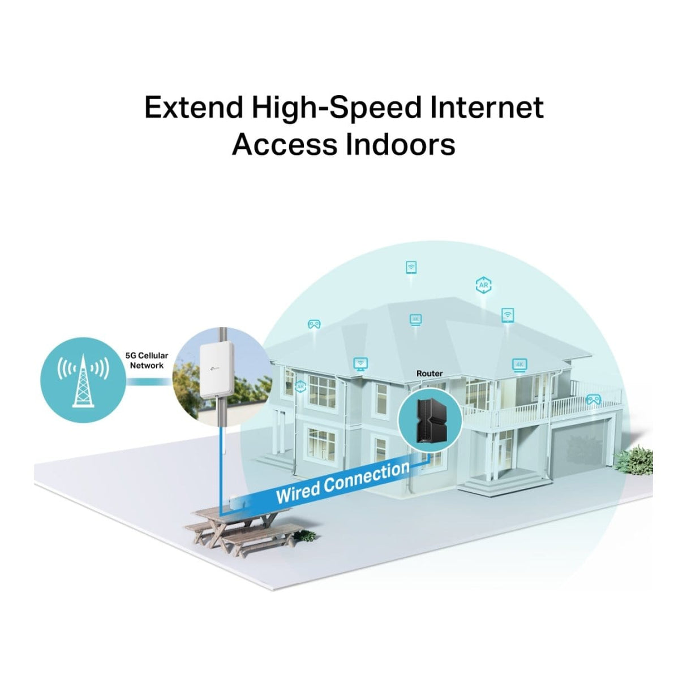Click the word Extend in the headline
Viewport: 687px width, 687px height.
point(194,108)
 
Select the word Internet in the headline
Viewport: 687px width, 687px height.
point(486,108)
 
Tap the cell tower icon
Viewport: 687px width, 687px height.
point(83,380)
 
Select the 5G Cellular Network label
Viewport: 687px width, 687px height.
point(147,360)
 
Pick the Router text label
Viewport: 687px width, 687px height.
point(430,373)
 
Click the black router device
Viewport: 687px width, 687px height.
point(430,420)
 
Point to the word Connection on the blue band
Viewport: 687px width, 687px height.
point(367,478)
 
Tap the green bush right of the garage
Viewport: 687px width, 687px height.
point(634,461)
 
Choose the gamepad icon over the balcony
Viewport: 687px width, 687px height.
point(594,399)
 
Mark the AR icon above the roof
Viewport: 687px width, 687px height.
point(483,285)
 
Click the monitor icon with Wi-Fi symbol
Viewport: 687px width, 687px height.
point(360,364)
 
